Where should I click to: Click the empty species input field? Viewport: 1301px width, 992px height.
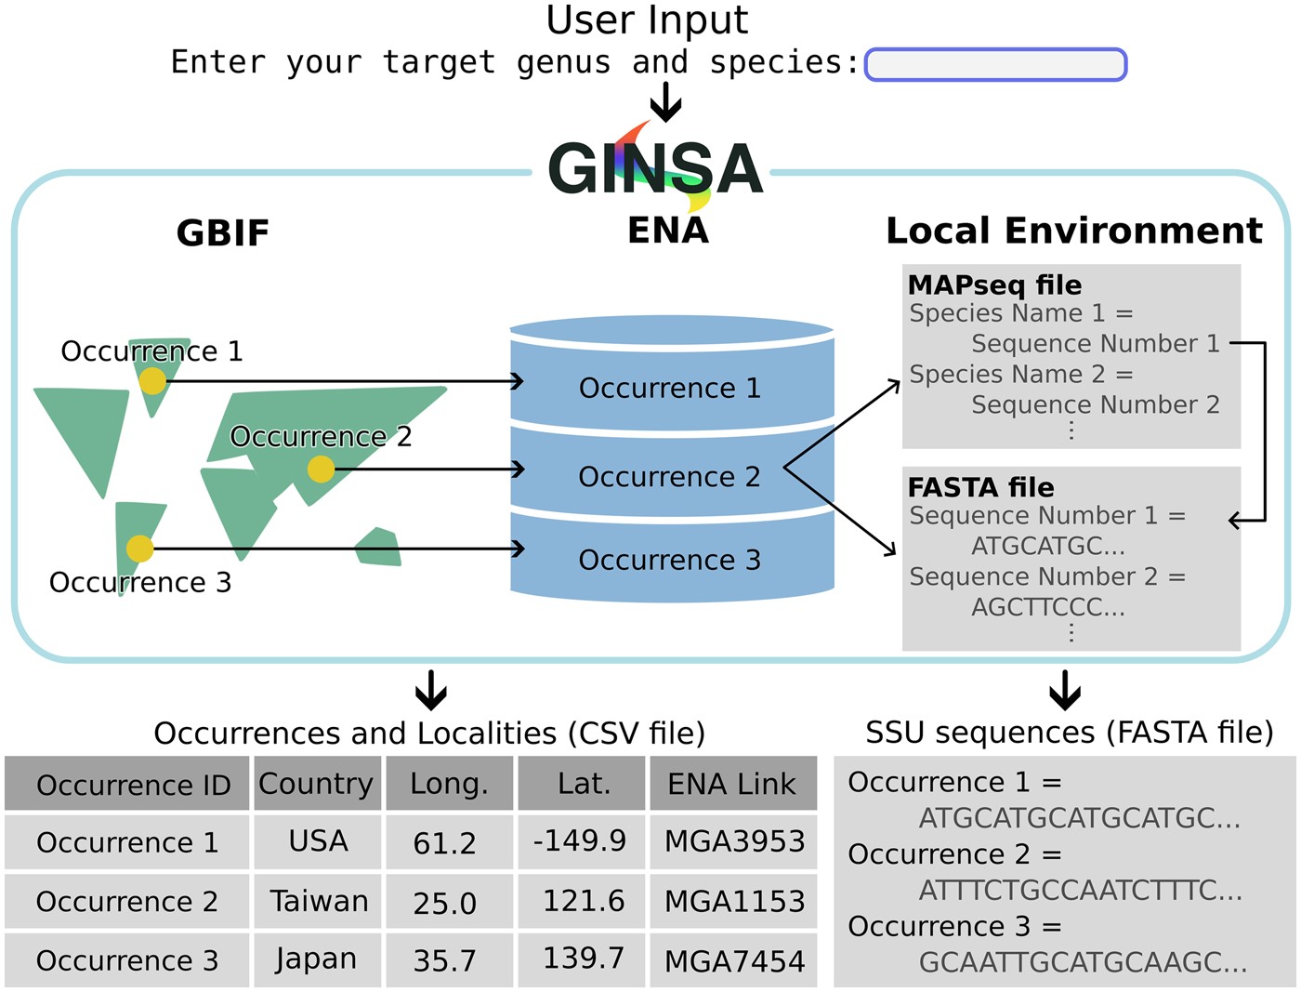click(x=995, y=65)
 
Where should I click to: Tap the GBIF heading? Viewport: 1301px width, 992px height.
click(x=222, y=233)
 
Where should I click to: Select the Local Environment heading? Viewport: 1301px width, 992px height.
click(x=1073, y=231)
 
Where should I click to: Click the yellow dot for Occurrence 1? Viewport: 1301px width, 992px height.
click(x=152, y=381)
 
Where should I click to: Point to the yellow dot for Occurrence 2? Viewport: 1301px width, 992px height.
click(x=321, y=469)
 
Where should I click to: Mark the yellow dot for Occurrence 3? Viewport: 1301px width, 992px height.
click(x=139, y=549)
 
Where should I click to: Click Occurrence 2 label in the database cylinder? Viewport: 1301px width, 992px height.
click(x=669, y=477)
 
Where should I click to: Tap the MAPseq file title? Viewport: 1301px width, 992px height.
click(x=994, y=284)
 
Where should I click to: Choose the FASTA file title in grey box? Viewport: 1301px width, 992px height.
click(x=980, y=487)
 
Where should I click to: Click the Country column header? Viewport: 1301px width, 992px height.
click(x=316, y=784)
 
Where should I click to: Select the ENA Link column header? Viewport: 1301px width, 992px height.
click(x=732, y=784)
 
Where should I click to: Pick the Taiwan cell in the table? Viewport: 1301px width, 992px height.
click(x=318, y=901)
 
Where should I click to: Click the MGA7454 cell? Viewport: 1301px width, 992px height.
click(x=734, y=960)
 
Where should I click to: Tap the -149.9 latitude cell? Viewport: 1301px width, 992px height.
click(x=580, y=840)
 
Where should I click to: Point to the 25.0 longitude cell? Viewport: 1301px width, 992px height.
click(x=444, y=903)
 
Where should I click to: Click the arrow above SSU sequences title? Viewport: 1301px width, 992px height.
click(x=1065, y=690)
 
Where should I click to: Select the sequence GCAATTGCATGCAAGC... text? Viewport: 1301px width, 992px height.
click(x=1083, y=962)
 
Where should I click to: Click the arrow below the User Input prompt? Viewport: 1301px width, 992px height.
click(x=665, y=101)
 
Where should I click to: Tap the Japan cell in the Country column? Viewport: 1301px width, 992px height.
click(x=316, y=959)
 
